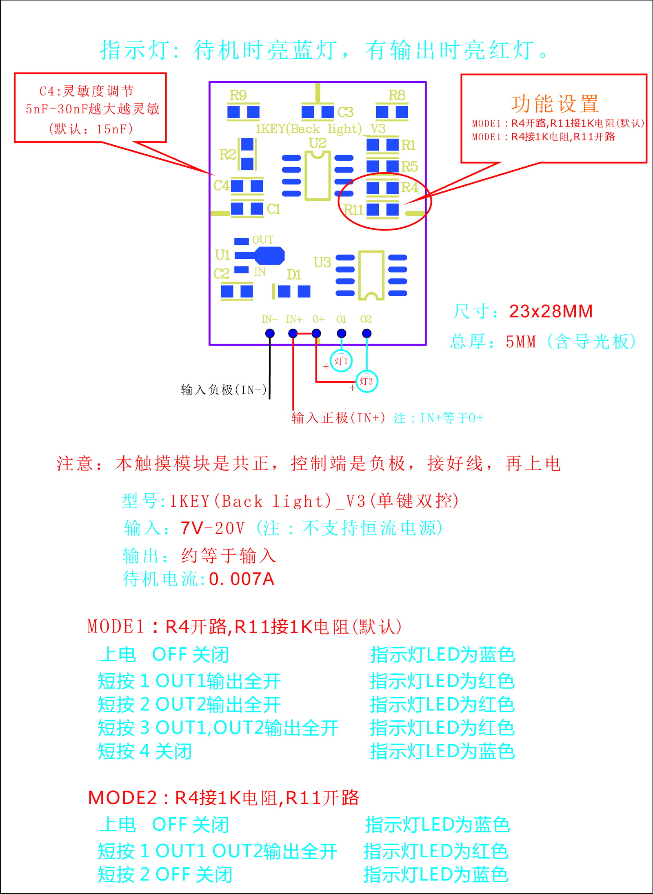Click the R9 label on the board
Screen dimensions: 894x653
tap(238, 95)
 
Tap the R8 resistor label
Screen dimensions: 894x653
tap(397, 95)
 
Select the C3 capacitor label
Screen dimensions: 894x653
tap(345, 112)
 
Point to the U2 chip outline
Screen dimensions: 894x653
tap(318, 175)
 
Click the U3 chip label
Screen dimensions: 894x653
tap(322, 262)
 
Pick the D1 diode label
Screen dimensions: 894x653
tap(294, 275)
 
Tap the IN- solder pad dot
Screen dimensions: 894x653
tap(270, 333)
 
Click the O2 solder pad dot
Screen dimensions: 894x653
tap(366, 333)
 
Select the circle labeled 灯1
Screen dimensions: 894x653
tap(341, 361)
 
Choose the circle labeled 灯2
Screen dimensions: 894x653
tap(366, 382)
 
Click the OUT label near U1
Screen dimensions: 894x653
tap(263, 240)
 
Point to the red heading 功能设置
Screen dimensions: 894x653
tap(555, 104)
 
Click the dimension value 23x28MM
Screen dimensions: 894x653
tap(551, 311)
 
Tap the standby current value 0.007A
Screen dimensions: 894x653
tap(242, 579)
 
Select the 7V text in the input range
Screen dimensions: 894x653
tap(192, 528)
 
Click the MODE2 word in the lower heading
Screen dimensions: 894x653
tap(122, 798)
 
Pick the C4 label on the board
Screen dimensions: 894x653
tap(221, 186)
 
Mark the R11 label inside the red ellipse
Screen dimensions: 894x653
tap(353, 210)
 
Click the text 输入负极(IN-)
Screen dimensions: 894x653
tap(224, 390)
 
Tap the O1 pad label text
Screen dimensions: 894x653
tap(341, 319)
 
